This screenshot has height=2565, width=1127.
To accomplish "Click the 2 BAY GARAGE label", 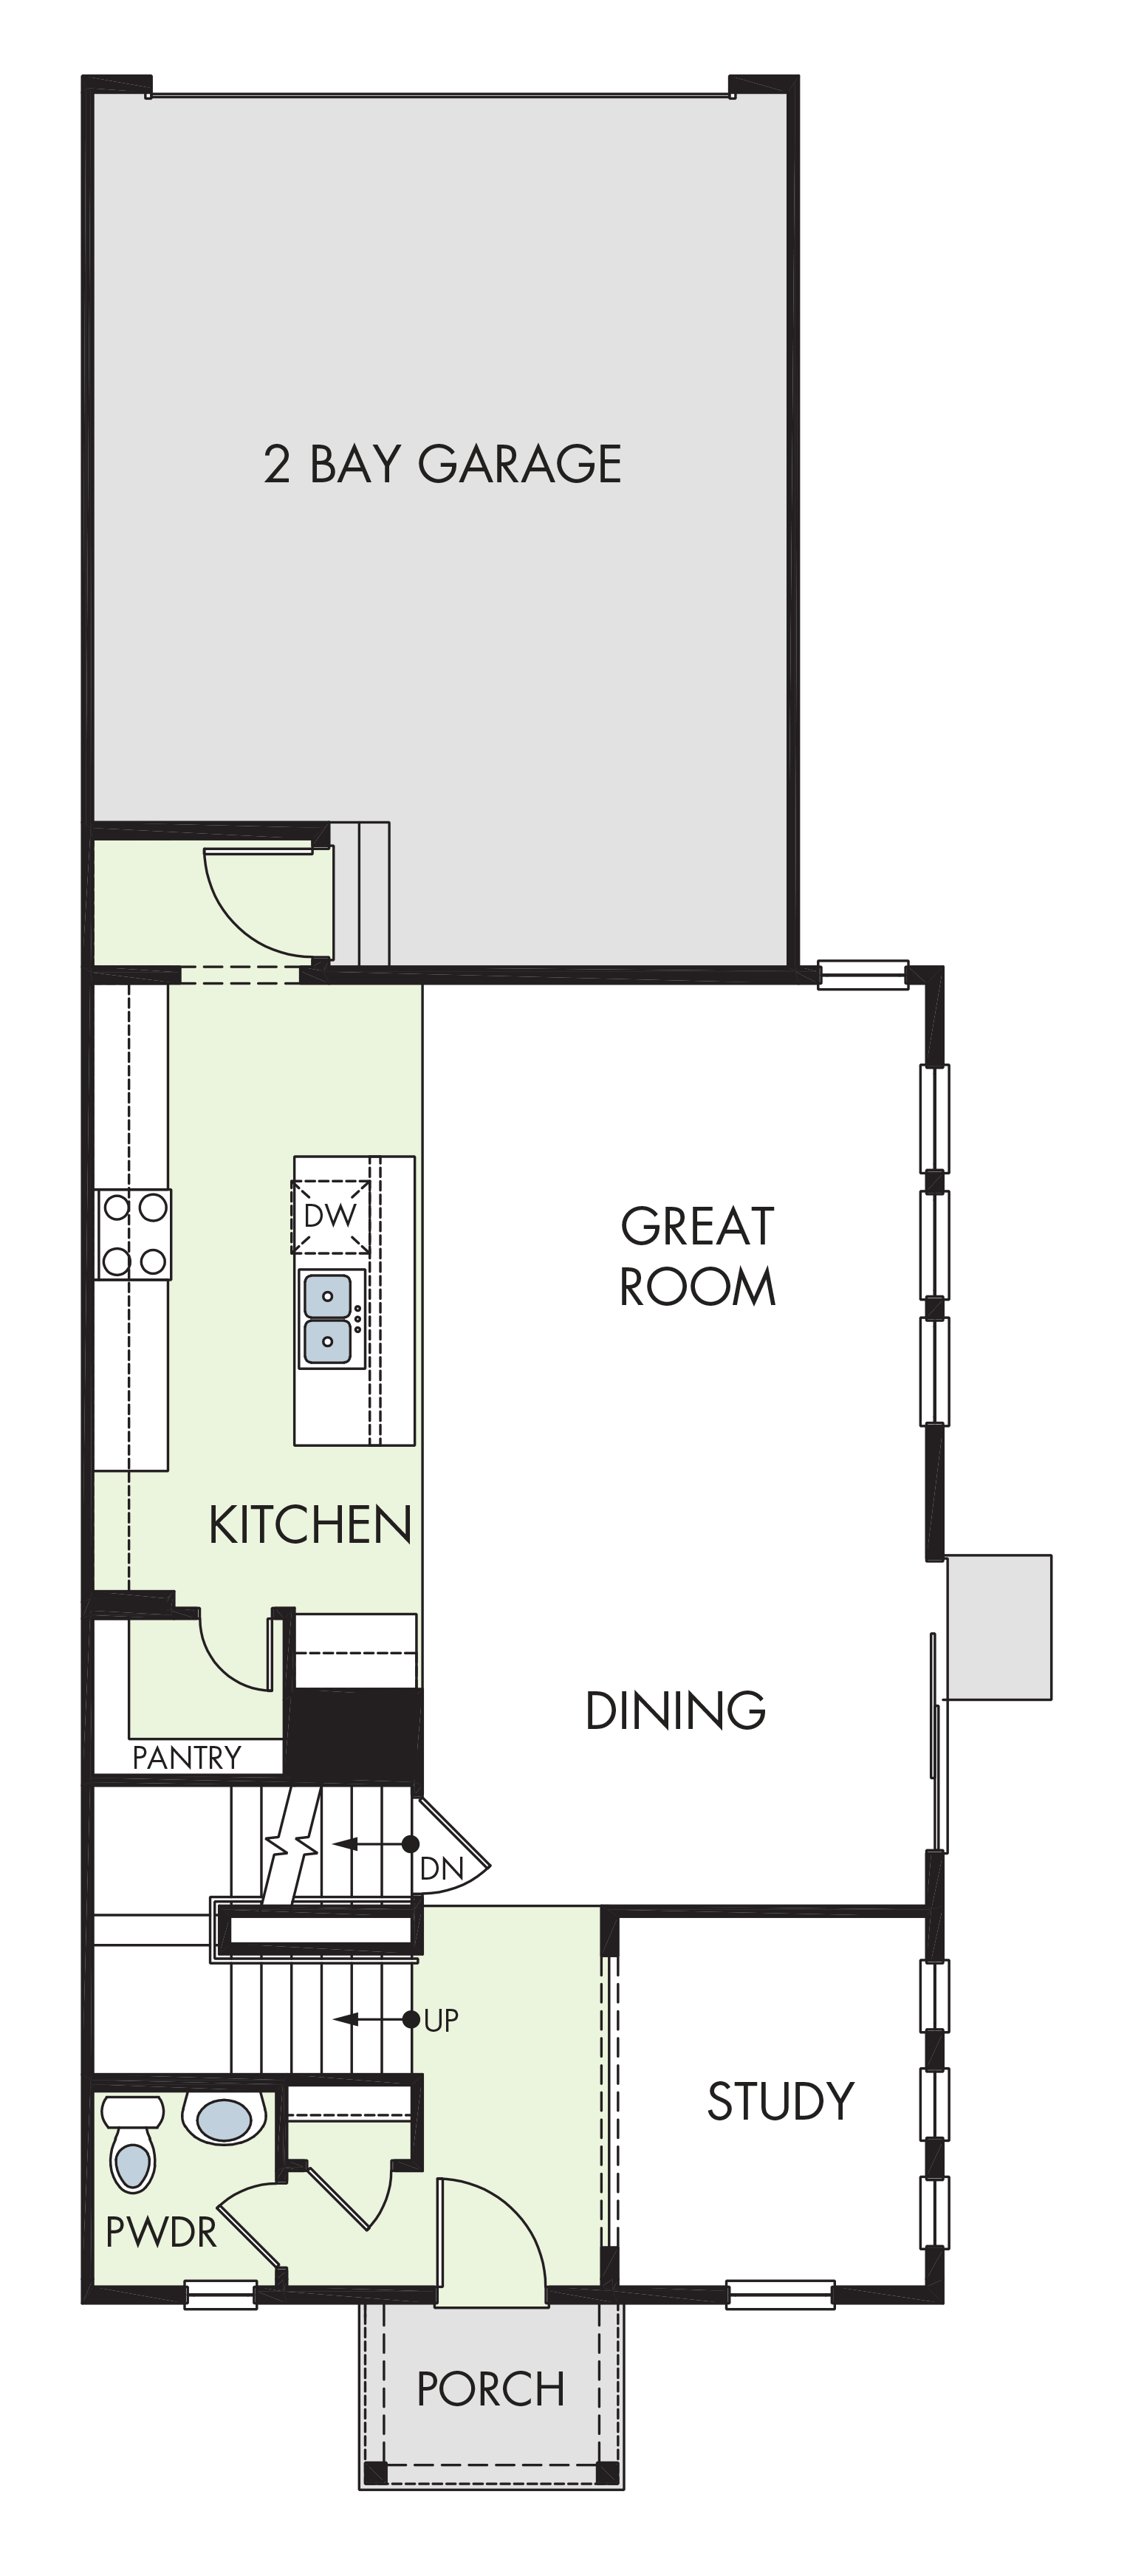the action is point(442,464).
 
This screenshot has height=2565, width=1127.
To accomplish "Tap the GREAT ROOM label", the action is point(697,1256).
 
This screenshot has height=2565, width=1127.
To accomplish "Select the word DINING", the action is point(675,1710).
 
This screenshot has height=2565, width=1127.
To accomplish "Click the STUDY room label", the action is point(781,2102).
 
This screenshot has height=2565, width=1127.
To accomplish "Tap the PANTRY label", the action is point(186,1758).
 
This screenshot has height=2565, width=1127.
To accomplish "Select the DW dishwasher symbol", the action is point(329,1216).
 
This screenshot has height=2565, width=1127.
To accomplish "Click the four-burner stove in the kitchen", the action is point(134,1235).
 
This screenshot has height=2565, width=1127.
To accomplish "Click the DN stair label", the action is point(441,1868).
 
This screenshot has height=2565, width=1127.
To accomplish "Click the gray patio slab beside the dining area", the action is point(998,1627).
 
